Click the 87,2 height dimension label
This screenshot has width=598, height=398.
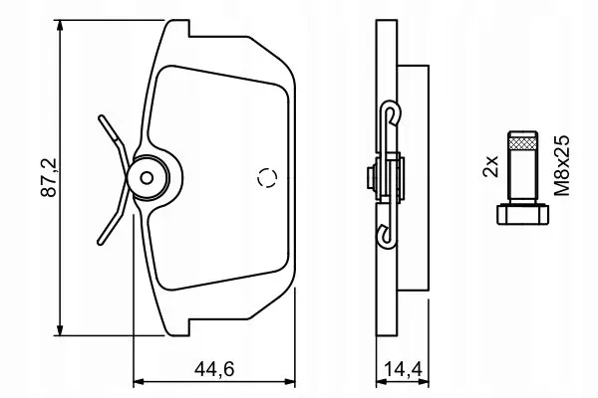pos(49,177)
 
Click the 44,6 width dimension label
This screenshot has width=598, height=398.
pos(214,369)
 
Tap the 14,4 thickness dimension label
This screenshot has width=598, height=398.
pos(403,369)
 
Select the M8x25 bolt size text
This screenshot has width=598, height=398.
pos(562,165)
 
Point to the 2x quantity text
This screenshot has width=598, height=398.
pos(490,166)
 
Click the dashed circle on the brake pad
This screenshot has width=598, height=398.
pos(267,177)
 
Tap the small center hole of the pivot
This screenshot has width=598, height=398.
pos(147,177)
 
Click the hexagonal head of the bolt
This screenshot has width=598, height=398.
pos(523,215)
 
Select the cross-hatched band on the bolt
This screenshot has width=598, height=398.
pos(523,143)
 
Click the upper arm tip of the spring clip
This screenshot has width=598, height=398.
pos(101,117)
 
